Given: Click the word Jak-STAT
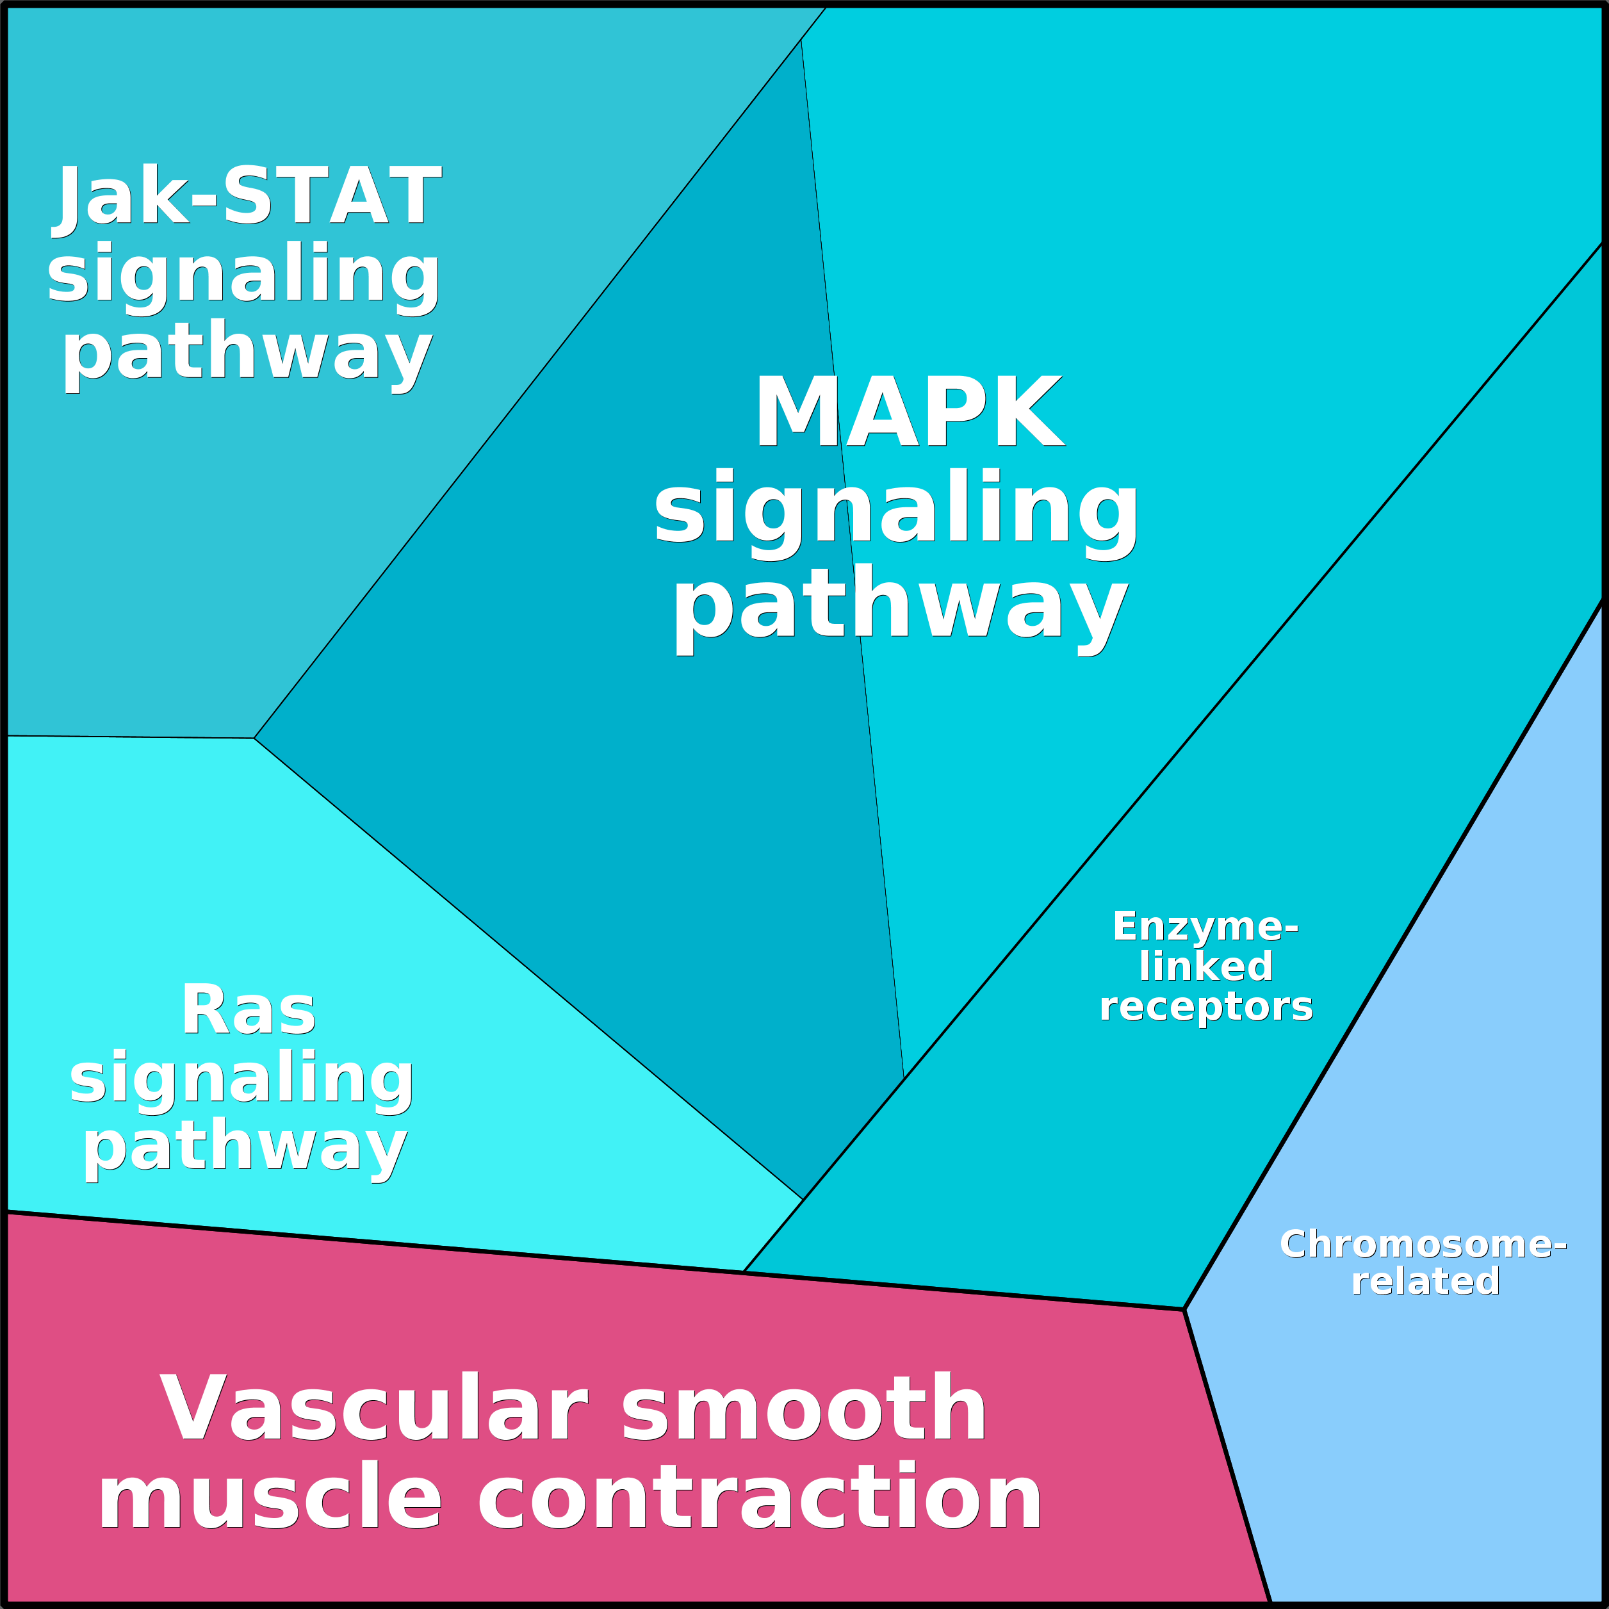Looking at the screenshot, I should coord(248,196).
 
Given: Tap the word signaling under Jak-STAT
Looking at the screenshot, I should coord(243,275).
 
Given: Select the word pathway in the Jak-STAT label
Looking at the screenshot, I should coord(247,353).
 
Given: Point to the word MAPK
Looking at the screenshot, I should coord(909,412).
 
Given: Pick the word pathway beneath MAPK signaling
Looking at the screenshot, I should coord(901,605).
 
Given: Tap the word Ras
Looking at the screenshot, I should coord(248,1011).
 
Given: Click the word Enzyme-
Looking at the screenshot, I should coord(1205,926).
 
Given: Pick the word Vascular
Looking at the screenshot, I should coord(373,1410).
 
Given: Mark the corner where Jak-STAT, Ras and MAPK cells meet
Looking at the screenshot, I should coord(254,738).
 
